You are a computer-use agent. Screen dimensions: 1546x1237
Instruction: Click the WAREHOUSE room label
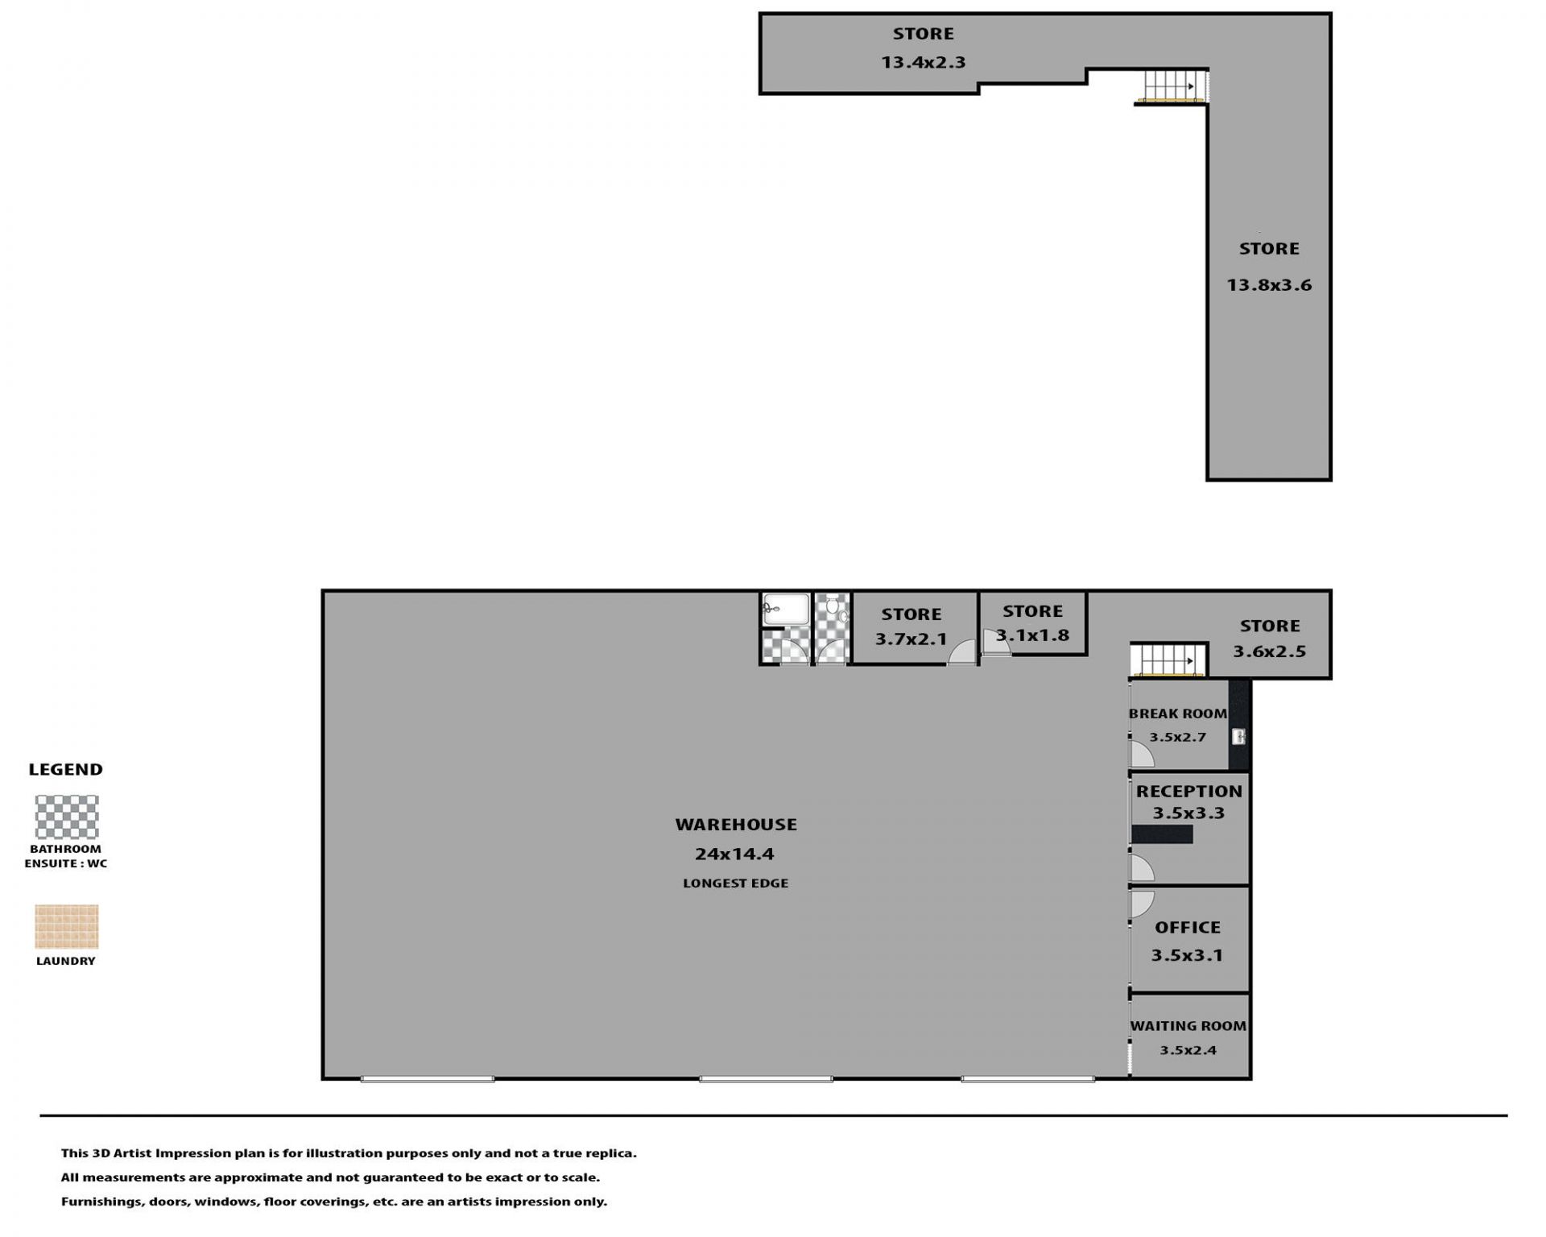(736, 825)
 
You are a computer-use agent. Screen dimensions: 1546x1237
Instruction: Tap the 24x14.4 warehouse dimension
(734, 854)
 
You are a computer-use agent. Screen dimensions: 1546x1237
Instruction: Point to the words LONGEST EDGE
(735, 883)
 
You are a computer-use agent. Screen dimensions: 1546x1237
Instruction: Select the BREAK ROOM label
(1178, 714)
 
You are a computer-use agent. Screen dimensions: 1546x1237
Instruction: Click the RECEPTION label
(1188, 792)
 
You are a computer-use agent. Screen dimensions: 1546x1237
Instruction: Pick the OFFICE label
(1188, 928)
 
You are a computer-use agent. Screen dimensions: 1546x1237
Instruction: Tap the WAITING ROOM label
(1188, 1026)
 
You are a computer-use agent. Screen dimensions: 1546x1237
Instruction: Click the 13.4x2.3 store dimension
(923, 62)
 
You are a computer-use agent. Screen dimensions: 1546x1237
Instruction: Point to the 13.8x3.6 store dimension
(1269, 285)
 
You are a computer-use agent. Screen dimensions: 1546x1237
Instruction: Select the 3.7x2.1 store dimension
(911, 640)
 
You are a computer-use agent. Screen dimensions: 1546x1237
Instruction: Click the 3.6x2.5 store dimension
(1270, 652)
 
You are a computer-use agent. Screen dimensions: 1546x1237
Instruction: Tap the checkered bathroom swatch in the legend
(67, 817)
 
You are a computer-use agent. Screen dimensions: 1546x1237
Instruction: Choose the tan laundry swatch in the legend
(67, 927)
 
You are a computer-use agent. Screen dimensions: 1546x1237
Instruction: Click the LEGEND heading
(66, 770)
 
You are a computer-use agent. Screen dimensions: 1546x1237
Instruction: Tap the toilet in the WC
(835, 610)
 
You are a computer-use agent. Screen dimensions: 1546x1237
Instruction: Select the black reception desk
(1162, 834)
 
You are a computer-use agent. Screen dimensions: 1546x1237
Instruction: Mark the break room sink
(1238, 736)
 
